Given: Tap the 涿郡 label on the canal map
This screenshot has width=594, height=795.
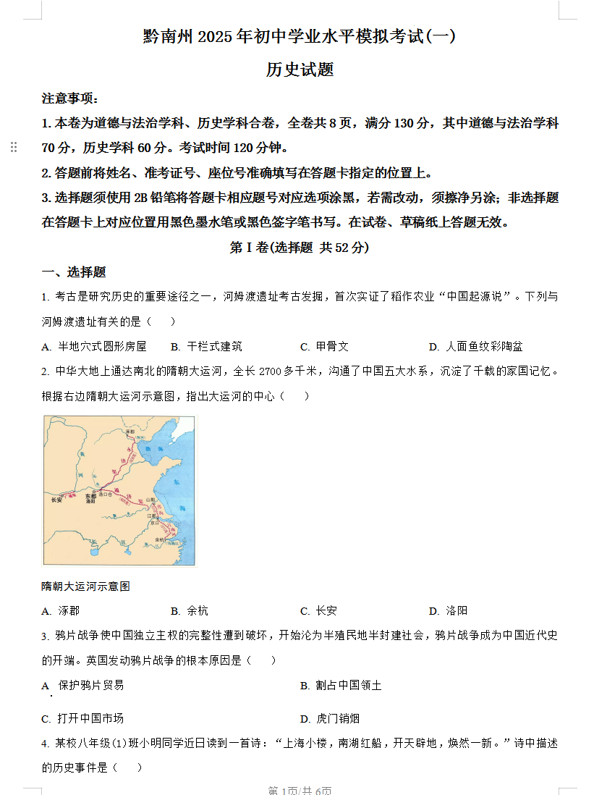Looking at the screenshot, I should click(x=130, y=432).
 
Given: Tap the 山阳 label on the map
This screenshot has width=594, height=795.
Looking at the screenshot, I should click(x=150, y=500).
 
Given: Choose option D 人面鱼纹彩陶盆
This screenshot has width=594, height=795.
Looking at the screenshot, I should click(x=475, y=346).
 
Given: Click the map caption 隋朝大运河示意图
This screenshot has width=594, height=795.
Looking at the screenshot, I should click(x=86, y=586).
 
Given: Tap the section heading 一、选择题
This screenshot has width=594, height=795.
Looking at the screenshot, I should click(x=74, y=272).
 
